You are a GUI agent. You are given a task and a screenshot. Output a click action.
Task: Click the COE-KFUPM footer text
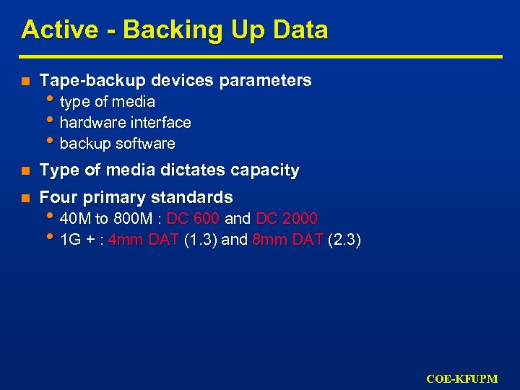462,378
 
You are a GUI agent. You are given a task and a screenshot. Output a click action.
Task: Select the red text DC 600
193,219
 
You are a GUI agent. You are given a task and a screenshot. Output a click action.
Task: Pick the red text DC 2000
287,219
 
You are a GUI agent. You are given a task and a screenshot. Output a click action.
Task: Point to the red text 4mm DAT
144,240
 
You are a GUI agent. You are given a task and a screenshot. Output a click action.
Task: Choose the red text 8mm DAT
288,240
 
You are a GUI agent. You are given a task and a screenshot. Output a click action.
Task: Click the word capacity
264,170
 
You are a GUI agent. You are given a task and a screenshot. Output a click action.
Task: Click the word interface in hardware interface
163,123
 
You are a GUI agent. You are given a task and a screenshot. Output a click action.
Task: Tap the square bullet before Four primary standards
25,198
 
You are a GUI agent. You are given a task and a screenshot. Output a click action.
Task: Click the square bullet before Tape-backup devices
25,81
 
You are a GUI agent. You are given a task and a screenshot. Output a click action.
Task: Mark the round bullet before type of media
49,100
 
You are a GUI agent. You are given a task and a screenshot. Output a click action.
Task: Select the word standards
198,197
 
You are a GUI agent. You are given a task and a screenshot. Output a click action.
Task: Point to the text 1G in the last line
70,240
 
